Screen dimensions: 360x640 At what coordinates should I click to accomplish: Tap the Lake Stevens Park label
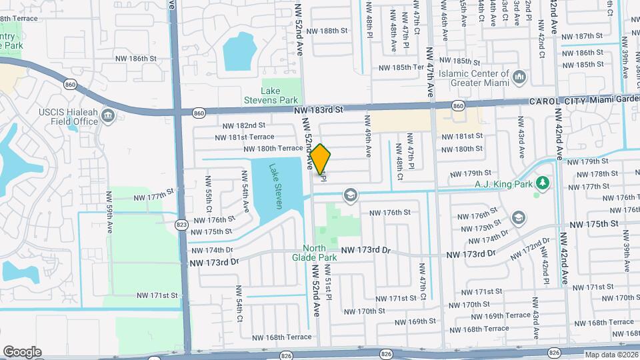[279, 95]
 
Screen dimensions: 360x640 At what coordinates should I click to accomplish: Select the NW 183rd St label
[317, 109]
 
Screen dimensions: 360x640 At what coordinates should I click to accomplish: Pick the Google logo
[22, 352]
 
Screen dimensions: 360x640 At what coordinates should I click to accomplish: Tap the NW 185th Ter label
[401, 67]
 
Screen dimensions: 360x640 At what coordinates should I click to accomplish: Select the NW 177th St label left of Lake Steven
[153, 197]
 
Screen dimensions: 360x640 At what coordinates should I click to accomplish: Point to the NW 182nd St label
[243, 125]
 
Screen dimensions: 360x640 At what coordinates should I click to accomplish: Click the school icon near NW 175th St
[519, 218]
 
